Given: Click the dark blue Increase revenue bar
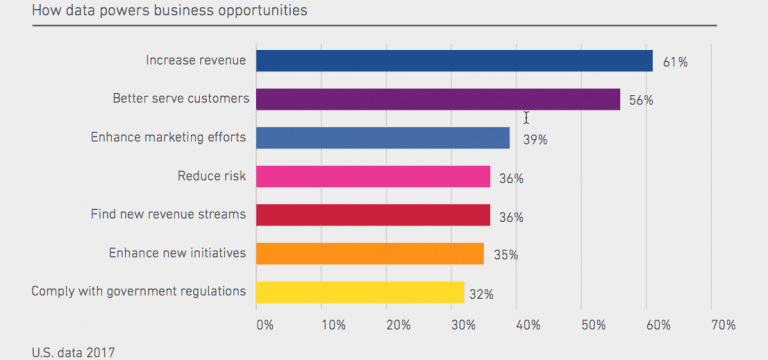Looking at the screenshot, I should [x=454, y=61].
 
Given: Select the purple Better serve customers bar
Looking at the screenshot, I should [x=438, y=100].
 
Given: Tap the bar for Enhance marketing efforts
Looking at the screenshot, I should [x=382, y=138].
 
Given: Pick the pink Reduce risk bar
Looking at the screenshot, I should [x=373, y=177].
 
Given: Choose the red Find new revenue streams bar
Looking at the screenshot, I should [x=373, y=215].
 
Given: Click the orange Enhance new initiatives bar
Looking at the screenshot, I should [x=369, y=254].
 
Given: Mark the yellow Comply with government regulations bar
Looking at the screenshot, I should [x=360, y=292].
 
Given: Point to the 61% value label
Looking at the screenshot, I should [x=675, y=62].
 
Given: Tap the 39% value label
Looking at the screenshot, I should [x=534, y=140].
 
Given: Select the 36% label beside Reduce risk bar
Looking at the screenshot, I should [x=512, y=178].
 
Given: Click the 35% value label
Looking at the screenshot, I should [x=505, y=255].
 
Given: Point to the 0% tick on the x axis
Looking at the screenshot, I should [x=264, y=325].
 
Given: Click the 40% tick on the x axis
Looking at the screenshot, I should [x=528, y=325].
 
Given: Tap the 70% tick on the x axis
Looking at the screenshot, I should [x=723, y=325].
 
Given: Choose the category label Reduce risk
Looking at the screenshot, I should [x=211, y=176].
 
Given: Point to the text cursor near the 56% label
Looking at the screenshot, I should [x=526, y=118].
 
